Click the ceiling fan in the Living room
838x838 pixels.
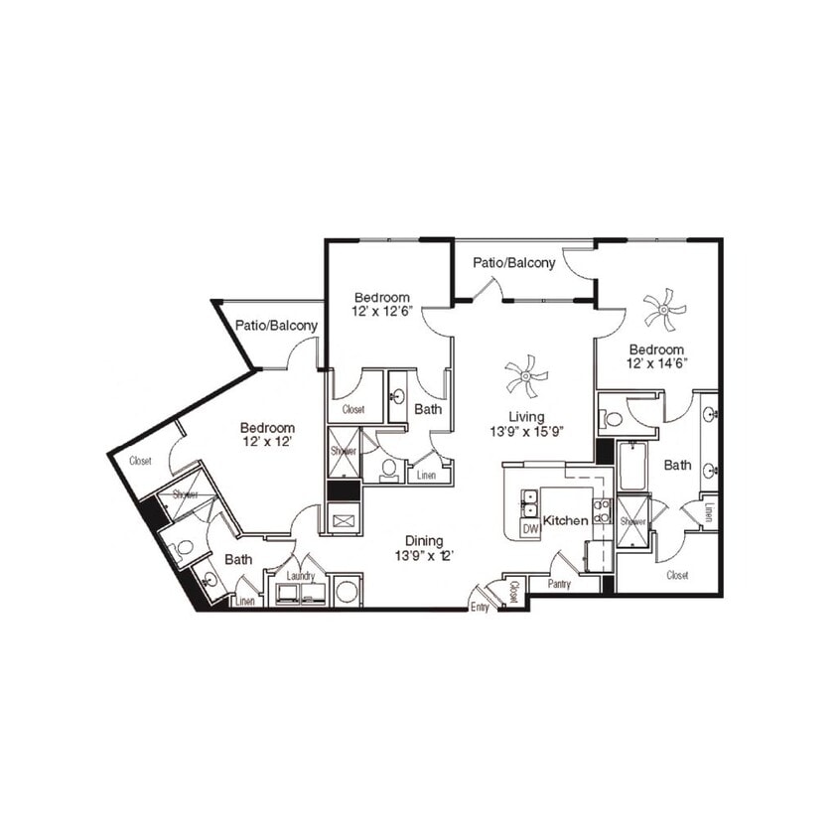(x=526, y=377)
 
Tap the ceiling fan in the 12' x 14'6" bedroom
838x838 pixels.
(x=664, y=309)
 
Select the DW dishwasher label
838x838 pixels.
(x=530, y=529)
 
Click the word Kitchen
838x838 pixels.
(x=566, y=519)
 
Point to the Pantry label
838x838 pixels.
(x=559, y=585)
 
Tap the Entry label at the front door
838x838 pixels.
(x=480, y=608)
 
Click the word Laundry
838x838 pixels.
(x=300, y=576)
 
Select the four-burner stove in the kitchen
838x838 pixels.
(x=602, y=511)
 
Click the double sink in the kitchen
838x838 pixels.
(x=530, y=502)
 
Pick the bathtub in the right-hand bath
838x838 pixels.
(x=633, y=467)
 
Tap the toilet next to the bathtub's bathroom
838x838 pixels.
(x=614, y=419)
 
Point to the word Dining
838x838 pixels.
(x=424, y=541)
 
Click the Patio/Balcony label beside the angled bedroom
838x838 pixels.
(x=276, y=326)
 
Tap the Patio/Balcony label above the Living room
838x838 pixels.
(x=513, y=263)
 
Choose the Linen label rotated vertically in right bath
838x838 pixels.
(x=709, y=511)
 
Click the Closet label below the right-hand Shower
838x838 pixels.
(x=677, y=575)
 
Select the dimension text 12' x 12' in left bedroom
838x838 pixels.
(x=266, y=442)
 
